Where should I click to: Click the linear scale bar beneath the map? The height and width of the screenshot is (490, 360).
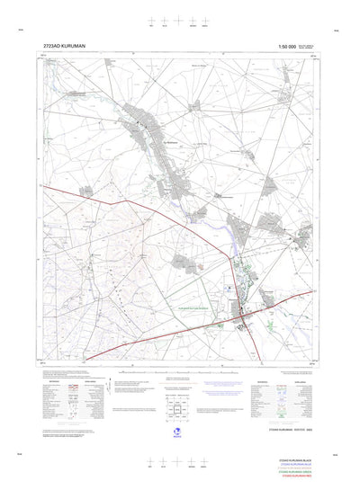[179, 370]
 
